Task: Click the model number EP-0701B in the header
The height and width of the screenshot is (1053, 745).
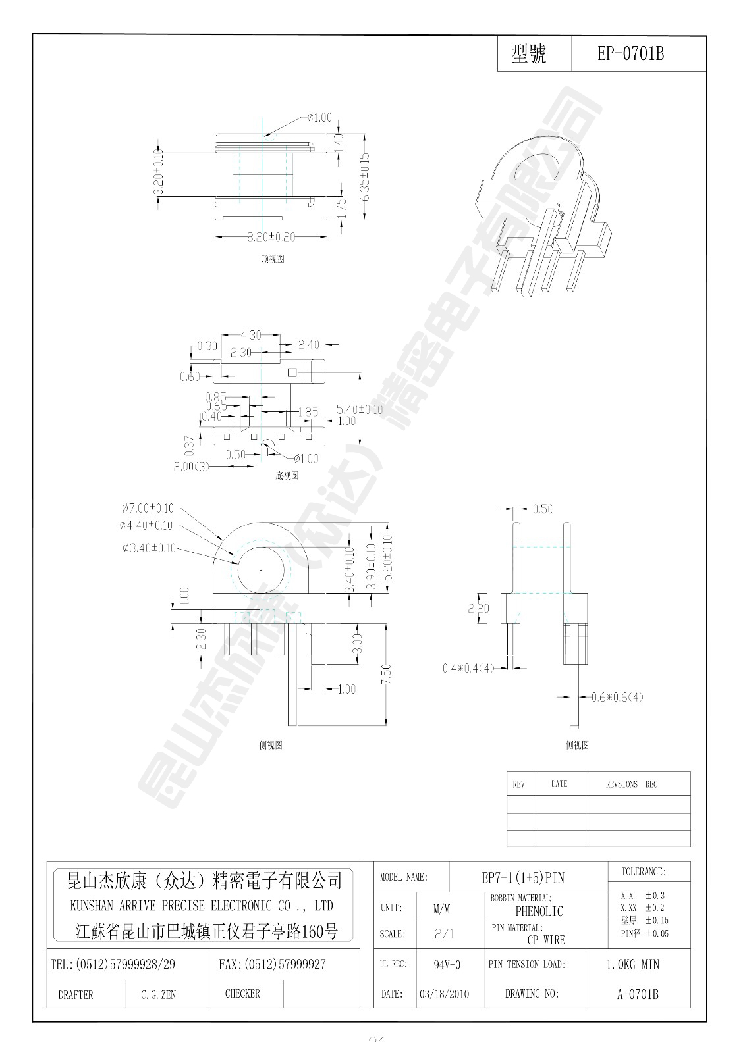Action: point(630,54)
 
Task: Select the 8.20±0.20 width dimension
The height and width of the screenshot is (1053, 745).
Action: point(271,236)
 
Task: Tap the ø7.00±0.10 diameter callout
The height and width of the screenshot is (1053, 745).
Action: point(148,508)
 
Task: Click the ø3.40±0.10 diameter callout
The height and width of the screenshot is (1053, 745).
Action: point(149,548)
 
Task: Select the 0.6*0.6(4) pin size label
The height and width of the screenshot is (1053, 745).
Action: point(617,697)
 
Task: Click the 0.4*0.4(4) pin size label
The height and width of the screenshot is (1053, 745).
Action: point(468,668)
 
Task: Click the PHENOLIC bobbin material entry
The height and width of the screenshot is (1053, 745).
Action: point(539,912)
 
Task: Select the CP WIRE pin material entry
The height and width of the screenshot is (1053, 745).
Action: point(546,940)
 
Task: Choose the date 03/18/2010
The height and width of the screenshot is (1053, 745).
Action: point(444,994)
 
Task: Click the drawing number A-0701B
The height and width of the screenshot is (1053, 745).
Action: point(638,994)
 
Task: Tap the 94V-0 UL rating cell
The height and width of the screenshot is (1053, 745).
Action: point(447,965)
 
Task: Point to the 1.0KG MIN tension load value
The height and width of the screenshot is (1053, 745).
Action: point(632,965)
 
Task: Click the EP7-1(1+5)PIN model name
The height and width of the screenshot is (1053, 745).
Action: point(523,877)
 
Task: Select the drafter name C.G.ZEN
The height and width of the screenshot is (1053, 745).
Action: point(158,995)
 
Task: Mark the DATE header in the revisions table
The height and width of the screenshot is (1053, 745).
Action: point(559,784)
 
